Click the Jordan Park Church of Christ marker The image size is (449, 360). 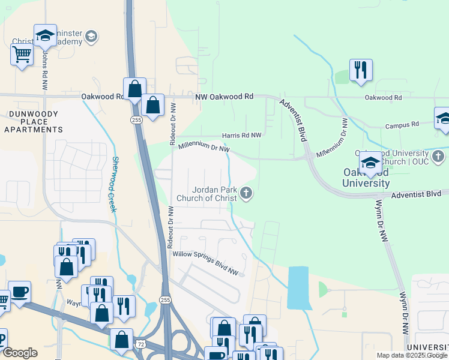point(246,193)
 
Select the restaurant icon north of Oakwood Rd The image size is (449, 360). point(361,70)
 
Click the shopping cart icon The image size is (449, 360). point(22,55)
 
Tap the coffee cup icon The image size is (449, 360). point(20,292)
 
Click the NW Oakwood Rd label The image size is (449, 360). point(224,97)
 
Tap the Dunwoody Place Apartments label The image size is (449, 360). point(34,121)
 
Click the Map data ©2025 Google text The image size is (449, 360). point(412,355)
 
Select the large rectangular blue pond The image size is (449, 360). point(300,288)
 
